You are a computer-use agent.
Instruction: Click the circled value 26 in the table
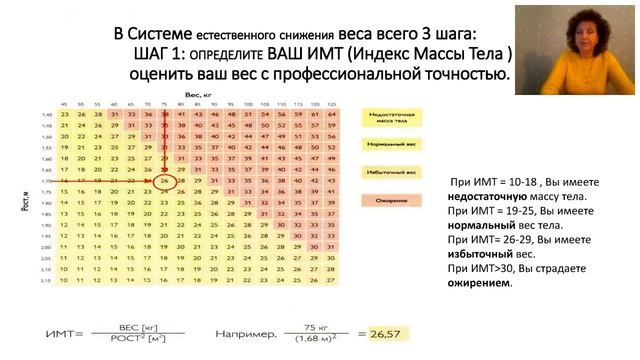click(x=167, y=181)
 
